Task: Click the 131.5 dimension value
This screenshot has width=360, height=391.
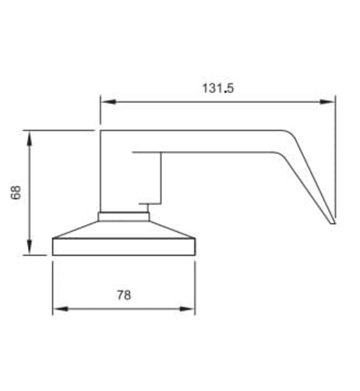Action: [x=217, y=88]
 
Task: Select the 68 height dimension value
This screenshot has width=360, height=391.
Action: [x=16, y=193]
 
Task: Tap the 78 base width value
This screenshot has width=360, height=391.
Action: [x=124, y=295]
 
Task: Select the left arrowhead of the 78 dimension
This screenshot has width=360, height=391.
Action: [x=59, y=308]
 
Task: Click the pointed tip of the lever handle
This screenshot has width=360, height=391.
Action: [x=334, y=223]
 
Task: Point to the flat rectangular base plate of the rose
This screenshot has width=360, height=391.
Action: [x=124, y=247]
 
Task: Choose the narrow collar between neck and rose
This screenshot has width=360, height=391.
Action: [x=124, y=217]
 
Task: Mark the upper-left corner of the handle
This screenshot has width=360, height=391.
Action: [x=101, y=131]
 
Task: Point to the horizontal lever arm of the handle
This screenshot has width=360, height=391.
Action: [x=212, y=141]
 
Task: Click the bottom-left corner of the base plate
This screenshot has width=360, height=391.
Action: [x=53, y=255]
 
